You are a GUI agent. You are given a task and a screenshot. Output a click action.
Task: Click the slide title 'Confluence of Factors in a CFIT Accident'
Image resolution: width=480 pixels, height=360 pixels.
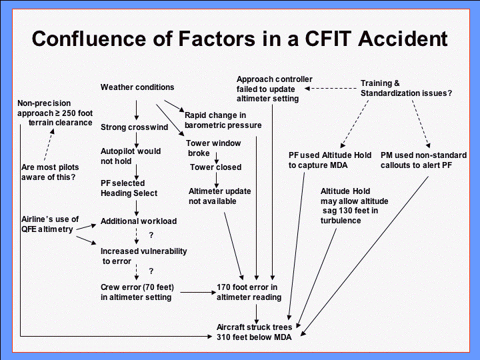click(x=240, y=38)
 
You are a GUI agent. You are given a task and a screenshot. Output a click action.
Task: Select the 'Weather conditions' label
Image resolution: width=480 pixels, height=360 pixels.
click(x=137, y=87)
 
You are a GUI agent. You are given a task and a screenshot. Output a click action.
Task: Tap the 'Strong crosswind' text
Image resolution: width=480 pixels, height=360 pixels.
click(x=134, y=127)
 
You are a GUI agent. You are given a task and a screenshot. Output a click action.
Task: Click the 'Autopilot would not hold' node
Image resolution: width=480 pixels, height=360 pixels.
click(x=131, y=156)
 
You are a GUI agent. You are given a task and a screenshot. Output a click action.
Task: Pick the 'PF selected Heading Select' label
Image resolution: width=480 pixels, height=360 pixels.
click(x=129, y=188)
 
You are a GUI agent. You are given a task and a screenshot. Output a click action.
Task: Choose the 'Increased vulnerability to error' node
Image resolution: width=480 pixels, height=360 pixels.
click(x=143, y=256)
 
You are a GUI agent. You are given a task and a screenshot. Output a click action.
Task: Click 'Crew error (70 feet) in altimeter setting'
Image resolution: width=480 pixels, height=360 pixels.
click(x=137, y=292)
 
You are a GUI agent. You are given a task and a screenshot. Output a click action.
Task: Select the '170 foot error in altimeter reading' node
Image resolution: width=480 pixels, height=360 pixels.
click(x=249, y=292)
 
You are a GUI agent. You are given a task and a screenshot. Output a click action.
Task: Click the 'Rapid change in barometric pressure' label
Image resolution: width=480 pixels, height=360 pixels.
click(x=223, y=120)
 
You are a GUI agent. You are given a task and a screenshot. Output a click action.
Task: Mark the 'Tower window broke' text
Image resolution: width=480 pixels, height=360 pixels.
click(x=213, y=148)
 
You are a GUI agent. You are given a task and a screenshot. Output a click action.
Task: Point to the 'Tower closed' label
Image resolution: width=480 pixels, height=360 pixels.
click(x=215, y=167)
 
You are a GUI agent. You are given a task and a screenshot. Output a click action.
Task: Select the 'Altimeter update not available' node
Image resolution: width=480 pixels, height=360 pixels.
click(x=219, y=196)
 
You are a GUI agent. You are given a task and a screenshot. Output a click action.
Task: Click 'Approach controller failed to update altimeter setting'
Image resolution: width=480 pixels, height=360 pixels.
click(x=274, y=89)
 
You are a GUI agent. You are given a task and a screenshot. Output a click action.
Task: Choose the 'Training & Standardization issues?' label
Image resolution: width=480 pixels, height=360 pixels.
click(x=406, y=88)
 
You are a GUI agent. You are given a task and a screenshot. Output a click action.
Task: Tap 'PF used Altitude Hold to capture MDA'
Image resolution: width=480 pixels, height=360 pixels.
click(x=330, y=160)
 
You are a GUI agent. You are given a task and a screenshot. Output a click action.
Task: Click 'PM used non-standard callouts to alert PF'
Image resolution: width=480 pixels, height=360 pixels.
click(x=423, y=160)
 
